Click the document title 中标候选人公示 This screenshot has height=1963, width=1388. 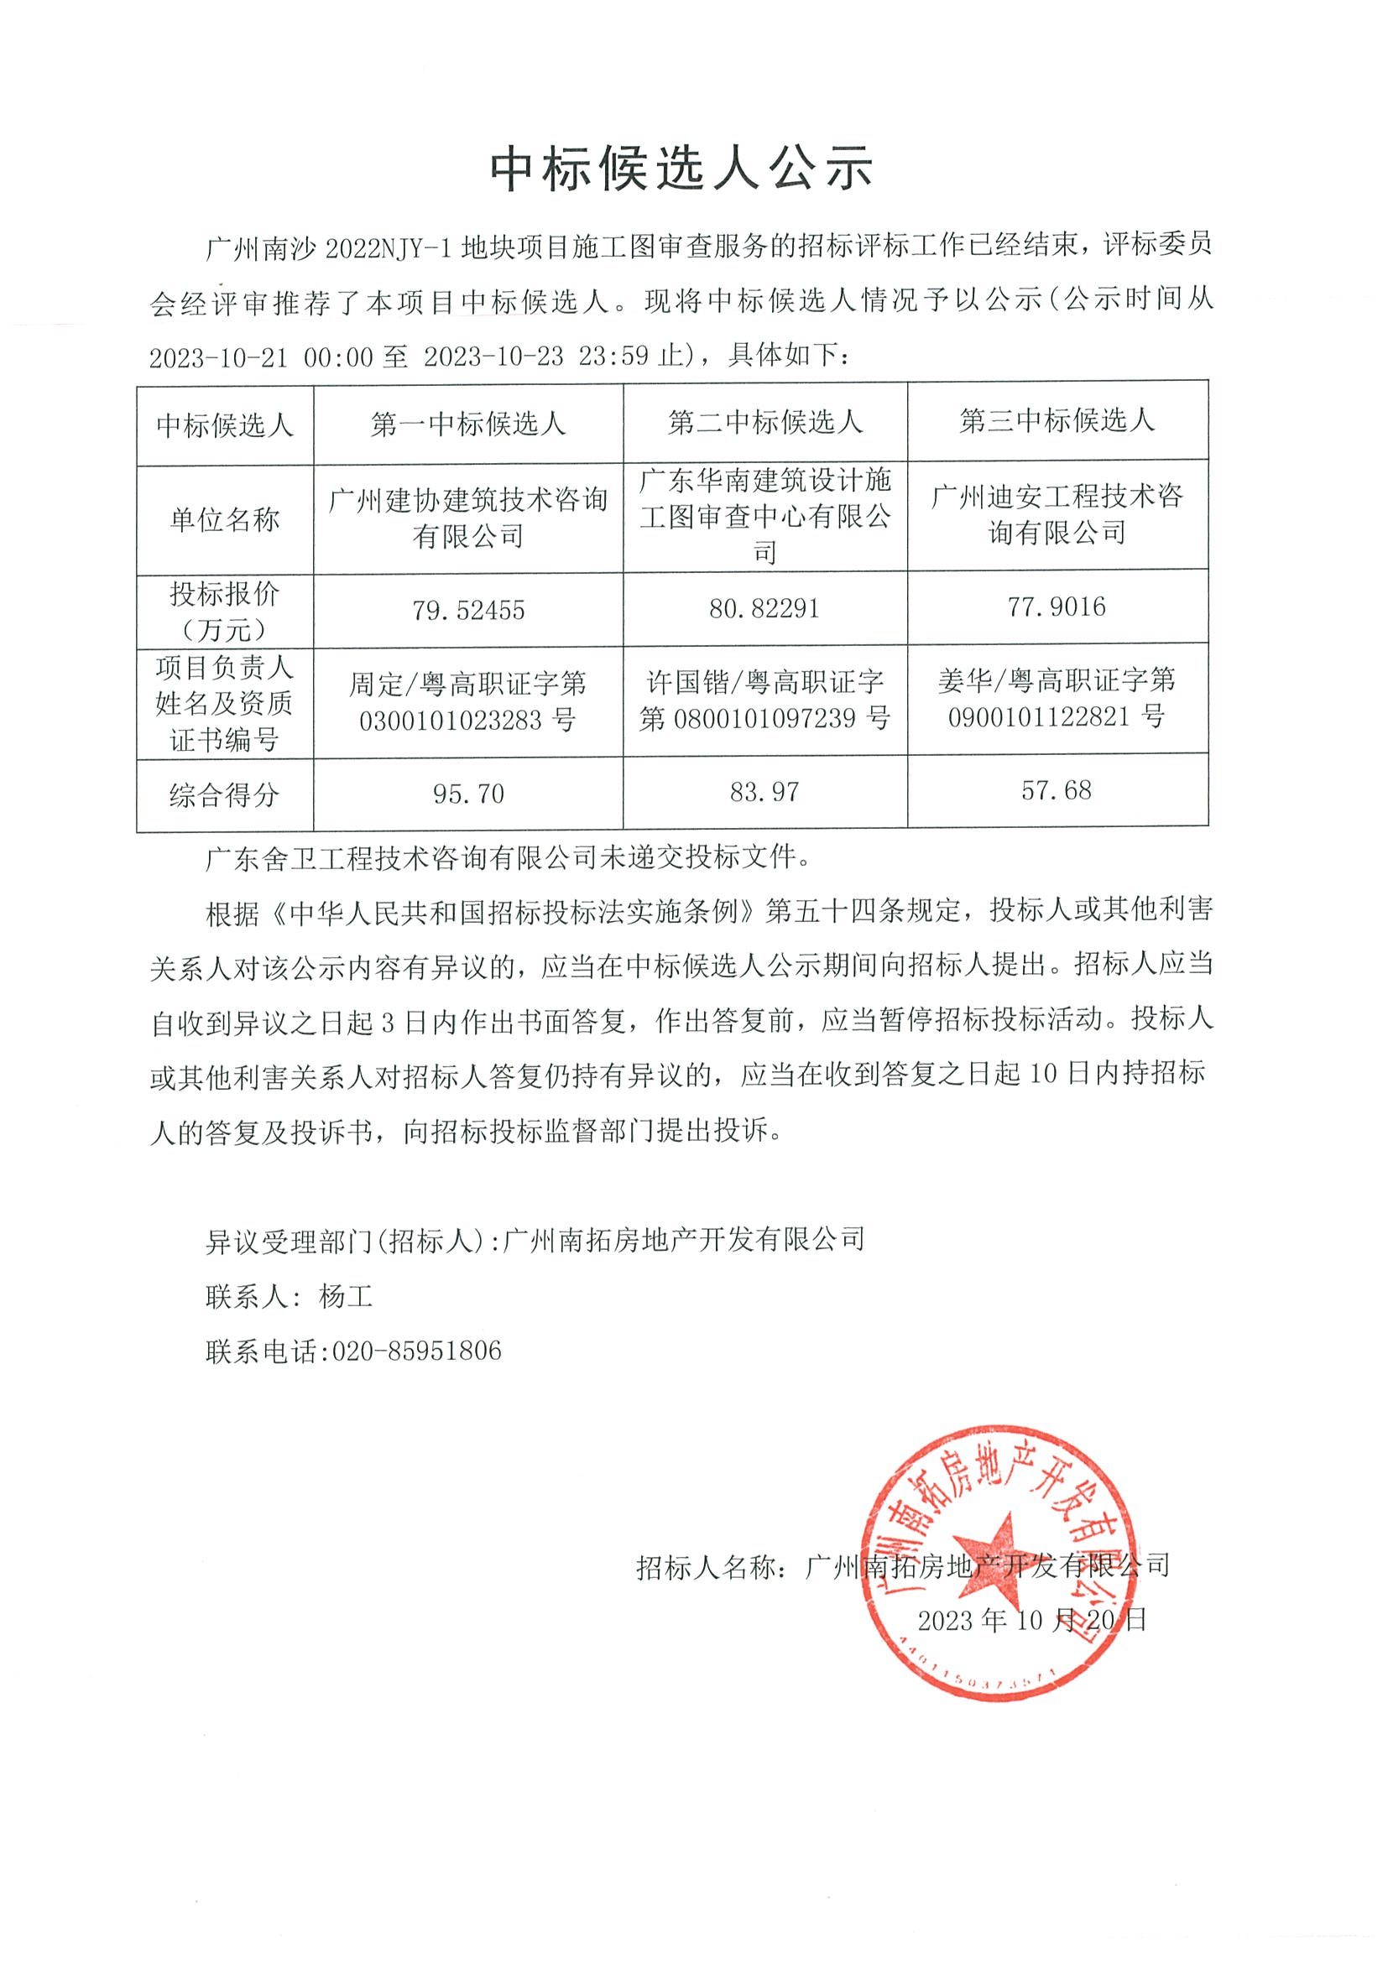(681, 167)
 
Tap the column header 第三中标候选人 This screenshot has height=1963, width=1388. (1057, 420)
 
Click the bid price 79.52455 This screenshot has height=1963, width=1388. (467, 611)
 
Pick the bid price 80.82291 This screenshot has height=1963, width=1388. (764, 608)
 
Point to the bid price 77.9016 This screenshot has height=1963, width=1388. (1057, 607)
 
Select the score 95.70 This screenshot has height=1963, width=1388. (467, 794)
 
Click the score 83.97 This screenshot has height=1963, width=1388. (764, 792)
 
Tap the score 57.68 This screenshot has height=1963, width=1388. (1057, 790)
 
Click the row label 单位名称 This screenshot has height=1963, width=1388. (225, 520)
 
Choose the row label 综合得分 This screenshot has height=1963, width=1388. (225, 796)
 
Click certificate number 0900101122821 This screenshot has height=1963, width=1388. (1039, 716)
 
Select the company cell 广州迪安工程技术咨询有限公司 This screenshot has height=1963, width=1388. (1057, 514)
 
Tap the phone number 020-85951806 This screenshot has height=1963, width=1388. (416, 1351)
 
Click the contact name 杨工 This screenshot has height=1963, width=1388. (346, 1297)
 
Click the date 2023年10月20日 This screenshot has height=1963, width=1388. (1031, 1619)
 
